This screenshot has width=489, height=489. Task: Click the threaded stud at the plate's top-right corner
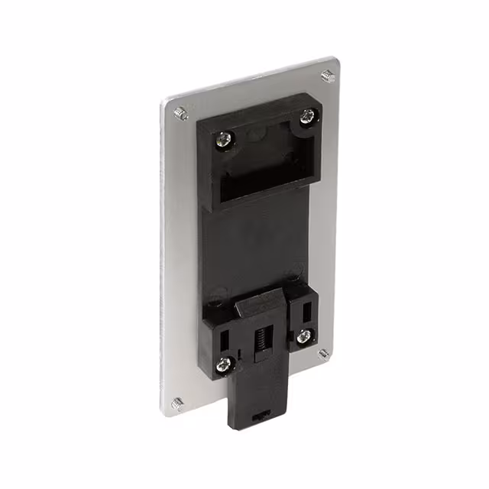tap(327, 76)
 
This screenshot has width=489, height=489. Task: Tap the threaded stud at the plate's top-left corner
tap(180, 113)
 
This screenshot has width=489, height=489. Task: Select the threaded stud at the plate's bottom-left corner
tap(177, 403)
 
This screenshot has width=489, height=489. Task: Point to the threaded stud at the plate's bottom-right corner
tap(323, 353)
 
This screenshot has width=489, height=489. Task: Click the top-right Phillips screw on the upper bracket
tap(306, 117)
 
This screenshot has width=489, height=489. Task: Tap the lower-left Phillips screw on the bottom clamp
tap(222, 365)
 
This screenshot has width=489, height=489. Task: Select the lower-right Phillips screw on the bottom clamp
tap(304, 335)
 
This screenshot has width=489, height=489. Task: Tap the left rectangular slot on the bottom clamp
tap(227, 336)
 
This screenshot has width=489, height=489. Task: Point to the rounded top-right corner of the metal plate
tap(334, 61)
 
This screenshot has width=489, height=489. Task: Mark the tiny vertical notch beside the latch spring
tap(240, 353)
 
